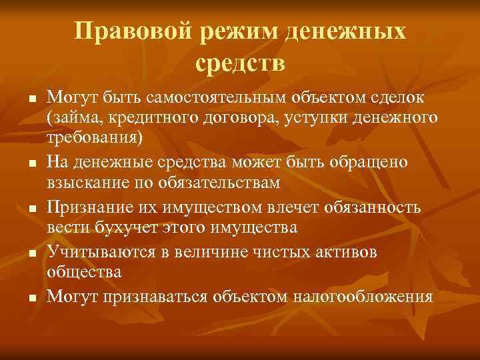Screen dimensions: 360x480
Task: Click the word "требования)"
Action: coord(94,138)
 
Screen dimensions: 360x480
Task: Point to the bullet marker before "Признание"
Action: coord(31,209)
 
